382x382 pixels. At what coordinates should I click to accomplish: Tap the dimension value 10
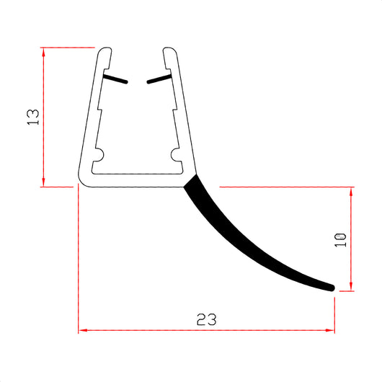341,239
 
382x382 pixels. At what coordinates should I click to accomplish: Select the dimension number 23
205,318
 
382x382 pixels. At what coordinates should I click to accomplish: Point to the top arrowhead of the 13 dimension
45,51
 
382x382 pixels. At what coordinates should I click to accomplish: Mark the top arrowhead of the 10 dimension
351,190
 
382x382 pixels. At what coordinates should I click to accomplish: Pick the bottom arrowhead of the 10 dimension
351,288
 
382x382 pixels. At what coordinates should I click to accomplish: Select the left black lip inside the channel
116,79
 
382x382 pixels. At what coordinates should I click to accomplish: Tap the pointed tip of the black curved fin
332,288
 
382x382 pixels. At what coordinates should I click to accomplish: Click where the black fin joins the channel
190,180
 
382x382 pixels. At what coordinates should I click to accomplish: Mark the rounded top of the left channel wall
105,50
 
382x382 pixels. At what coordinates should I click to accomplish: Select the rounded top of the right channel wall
169,50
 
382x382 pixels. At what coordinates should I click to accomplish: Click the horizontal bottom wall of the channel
133,179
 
